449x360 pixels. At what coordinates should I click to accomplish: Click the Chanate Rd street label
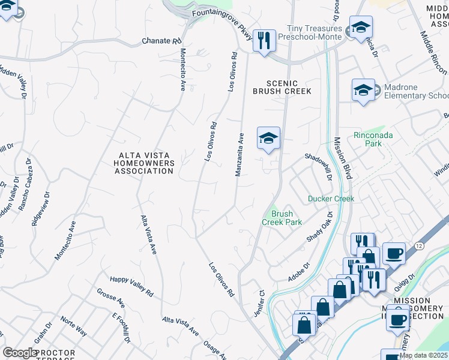(161, 41)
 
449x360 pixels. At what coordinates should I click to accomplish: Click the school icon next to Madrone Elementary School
(363, 90)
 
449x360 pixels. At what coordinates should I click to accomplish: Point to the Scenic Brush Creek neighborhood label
(282, 86)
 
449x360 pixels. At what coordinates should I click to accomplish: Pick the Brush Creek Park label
(282, 217)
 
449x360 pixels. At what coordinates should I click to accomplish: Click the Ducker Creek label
(331, 199)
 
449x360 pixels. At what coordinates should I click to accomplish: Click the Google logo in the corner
(20, 353)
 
